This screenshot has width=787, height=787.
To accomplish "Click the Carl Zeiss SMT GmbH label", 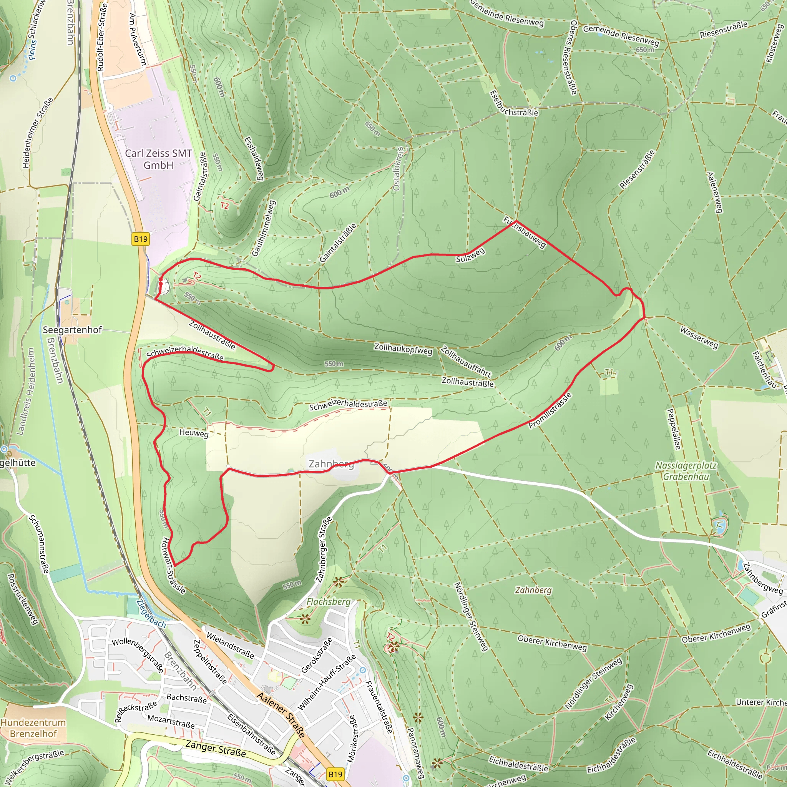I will [158, 159].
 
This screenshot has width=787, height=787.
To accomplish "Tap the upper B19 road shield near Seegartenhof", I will [141, 239].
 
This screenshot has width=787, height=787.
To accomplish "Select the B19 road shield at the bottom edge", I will [335, 774].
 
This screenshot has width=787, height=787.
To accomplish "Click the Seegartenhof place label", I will [72, 330].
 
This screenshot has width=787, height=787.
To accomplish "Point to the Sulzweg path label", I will [470, 255].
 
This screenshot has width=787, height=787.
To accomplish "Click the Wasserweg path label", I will [699, 337].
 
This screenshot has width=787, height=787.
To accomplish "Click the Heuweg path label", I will [194, 433].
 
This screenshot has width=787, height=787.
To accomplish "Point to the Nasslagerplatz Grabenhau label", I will [686, 471].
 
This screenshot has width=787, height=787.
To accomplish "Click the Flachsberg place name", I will [328, 602].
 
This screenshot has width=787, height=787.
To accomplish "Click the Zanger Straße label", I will [216, 749].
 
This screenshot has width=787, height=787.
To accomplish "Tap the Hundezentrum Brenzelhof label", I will [33, 728].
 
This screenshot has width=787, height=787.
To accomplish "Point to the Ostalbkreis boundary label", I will [398, 169].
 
